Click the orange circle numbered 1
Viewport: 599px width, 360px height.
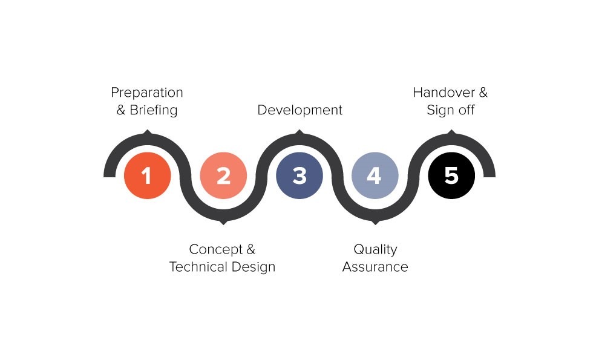coord(148,175)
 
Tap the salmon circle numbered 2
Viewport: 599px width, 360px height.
coord(223,175)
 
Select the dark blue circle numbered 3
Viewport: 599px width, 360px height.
coord(299,175)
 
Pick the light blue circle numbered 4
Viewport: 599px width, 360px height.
coord(375,175)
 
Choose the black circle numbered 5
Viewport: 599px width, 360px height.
coord(451,175)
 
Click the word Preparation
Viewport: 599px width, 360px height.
coord(147,93)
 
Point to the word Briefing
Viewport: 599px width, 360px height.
coord(154,110)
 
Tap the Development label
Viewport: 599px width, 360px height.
coord(300,110)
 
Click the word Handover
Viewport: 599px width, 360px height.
coord(444,93)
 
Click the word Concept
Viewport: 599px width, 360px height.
coord(216,249)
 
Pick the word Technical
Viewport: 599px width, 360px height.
coord(198,267)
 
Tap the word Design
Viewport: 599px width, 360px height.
coord(254,267)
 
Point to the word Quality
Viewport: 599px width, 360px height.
coord(376,250)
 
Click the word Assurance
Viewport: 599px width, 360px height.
coord(375,267)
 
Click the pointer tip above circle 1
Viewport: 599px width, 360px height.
coord(148,130)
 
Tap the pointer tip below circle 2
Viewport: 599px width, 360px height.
coord(223,224)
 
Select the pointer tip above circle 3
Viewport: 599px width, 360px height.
coord(299,130)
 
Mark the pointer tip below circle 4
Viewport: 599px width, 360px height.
coord(375,224)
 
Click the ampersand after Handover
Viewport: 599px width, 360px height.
coord(483,93)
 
